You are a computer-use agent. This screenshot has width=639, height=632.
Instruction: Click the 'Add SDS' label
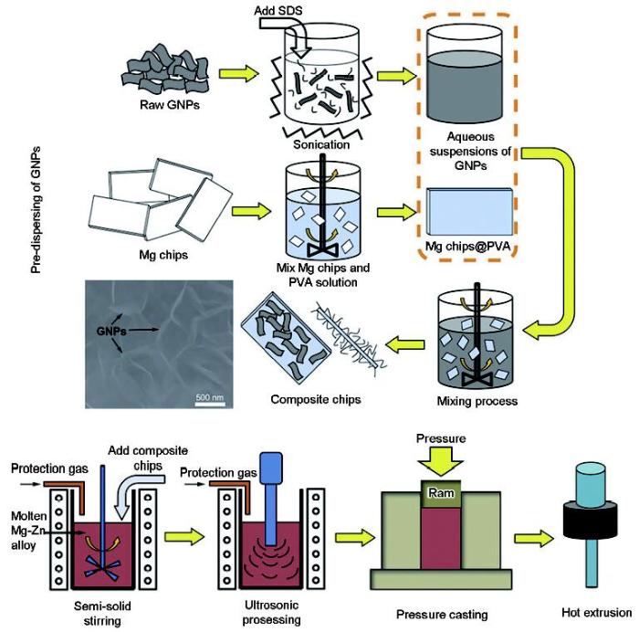[278, 10]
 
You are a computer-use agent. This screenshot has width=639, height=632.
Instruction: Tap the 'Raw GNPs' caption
[170, 105]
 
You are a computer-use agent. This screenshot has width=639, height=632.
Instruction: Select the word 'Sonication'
[321, 144]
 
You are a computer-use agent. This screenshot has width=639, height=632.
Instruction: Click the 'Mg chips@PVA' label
[467, 247]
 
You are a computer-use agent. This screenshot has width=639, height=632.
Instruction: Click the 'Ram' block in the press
[441, 494]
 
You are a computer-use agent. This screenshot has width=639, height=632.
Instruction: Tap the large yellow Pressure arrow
[441, 461]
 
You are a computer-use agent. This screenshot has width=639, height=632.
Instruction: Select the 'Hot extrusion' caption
[597, 613]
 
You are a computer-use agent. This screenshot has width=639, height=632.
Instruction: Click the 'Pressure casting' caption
[442, 615]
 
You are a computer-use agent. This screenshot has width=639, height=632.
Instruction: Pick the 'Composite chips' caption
[316, 399]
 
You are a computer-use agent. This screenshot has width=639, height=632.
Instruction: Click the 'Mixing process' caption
[477, 401]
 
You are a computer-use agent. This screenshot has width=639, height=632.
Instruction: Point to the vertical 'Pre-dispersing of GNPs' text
[37, 209]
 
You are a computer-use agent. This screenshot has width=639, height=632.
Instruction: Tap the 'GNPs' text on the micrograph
[111, 332]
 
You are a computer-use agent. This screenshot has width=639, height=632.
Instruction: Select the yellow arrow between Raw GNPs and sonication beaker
[239, 73]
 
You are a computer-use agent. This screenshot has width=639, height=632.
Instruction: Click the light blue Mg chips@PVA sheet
[469, 211]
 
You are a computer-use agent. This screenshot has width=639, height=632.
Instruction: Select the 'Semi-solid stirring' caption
[102, 613]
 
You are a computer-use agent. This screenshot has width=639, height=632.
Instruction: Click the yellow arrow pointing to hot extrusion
[534, 538]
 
